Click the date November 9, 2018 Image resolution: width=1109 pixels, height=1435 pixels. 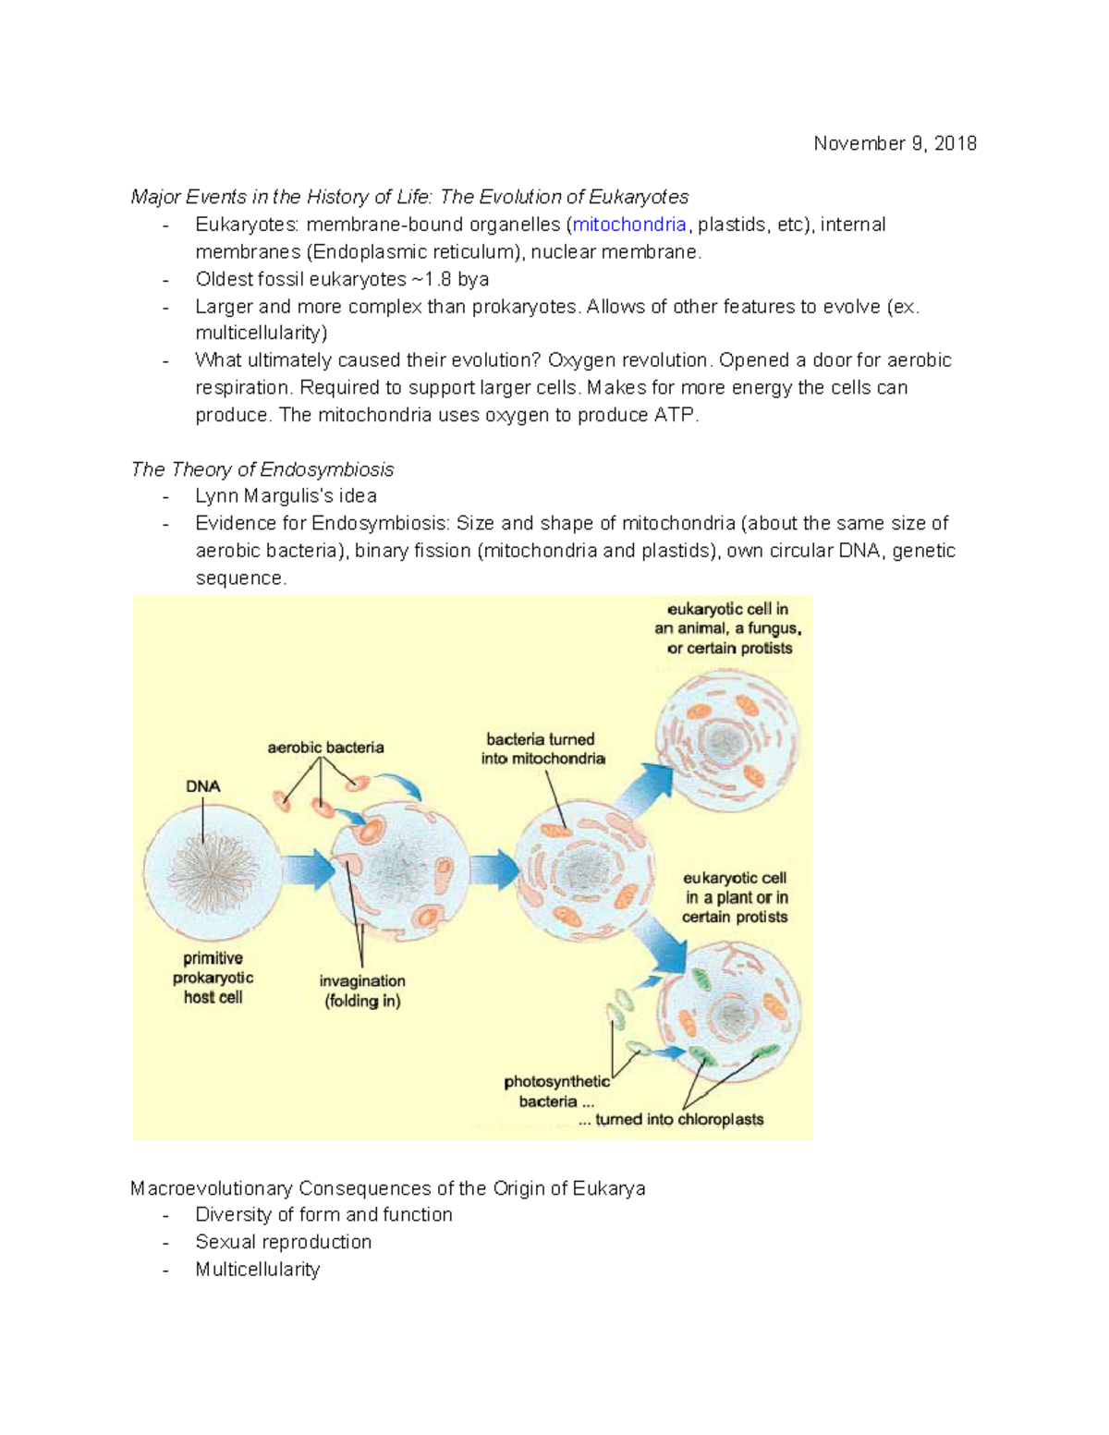pyautogui.click(x=895, y=143)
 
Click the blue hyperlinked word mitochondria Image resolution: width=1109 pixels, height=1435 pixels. pyautogui.click(x=629, y=225)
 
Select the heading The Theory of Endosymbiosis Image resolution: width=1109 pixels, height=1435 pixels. pyautogui.click(x=262, y=469)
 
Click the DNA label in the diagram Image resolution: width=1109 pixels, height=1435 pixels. pyautogui.click(x=202, y=786)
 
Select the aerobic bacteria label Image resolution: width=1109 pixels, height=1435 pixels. pyautogui.click(x=325, y=748)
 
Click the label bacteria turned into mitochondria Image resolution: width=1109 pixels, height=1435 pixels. pyautogui.click(x=542, y=749)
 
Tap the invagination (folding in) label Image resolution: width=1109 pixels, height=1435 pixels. pyautogui.click(x=362, y=991)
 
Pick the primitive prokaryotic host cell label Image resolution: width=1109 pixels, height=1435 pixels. pyautogui.click(x=213, y=978)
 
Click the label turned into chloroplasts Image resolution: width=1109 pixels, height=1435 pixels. pyautogui.click(x=679, y=1120)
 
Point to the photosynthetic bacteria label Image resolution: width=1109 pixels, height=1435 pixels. pyautogui.click(x=556, y=1091)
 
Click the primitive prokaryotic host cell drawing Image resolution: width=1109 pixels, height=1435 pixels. pyautogui.click(x=212, y=872)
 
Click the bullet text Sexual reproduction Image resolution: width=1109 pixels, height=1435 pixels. pyautogui.click(x=283, y=1242)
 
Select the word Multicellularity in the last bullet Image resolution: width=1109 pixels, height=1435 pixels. pyautogui.click(x=257, y=1270)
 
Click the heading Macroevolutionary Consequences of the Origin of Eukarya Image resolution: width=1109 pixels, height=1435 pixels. pyautogui.click(x=388, y=1188)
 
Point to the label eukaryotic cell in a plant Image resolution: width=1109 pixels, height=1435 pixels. pyautogui.click(x=735, y=897)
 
